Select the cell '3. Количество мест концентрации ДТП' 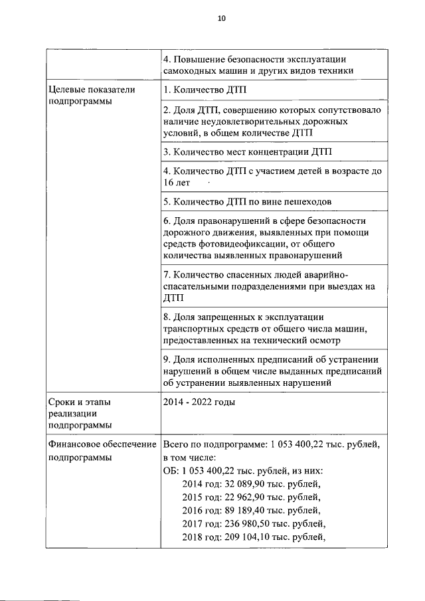point(246,151)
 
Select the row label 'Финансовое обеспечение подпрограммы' point(101,450)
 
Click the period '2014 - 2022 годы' point(199,402)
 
